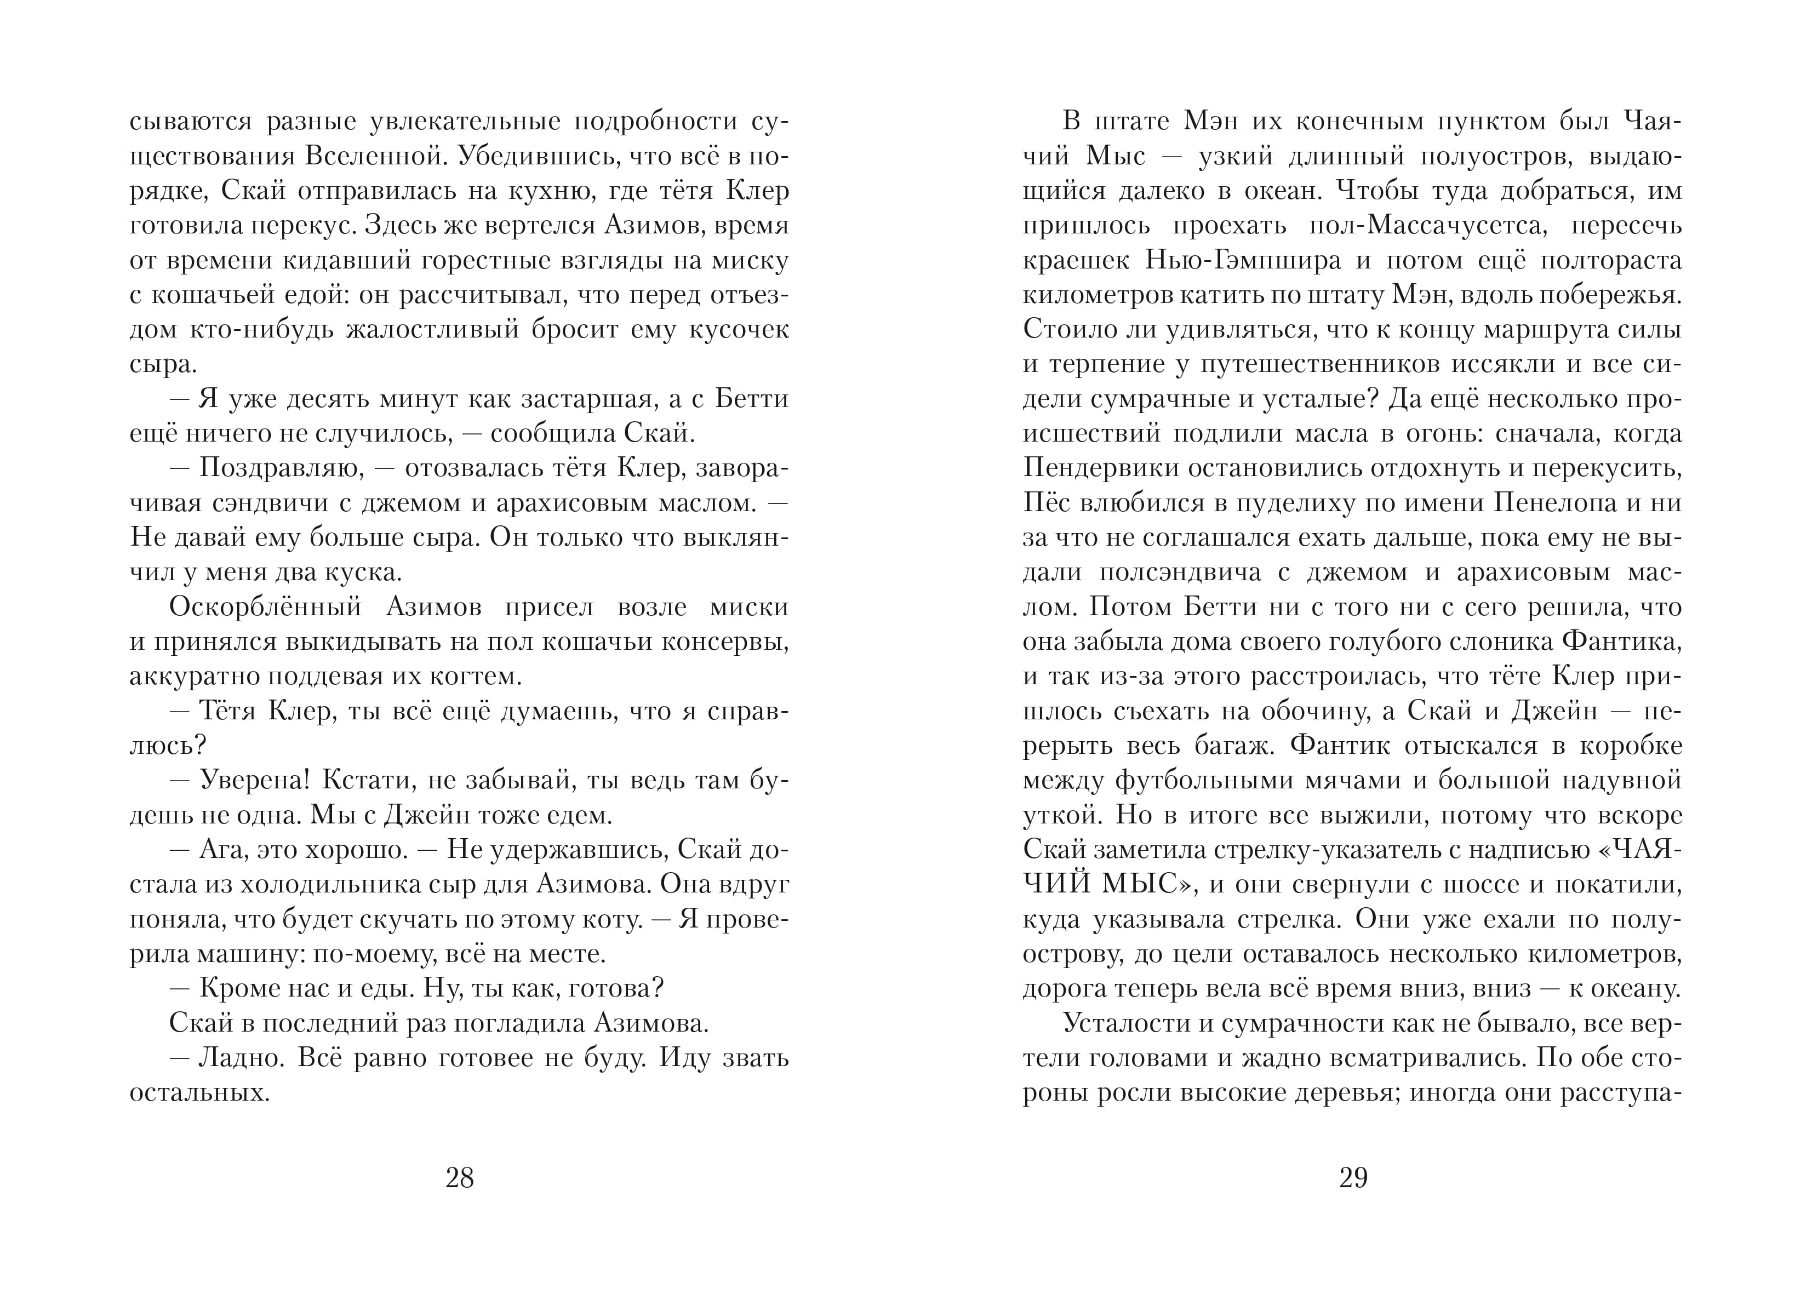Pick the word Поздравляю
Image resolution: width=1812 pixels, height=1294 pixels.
click(281, 468)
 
